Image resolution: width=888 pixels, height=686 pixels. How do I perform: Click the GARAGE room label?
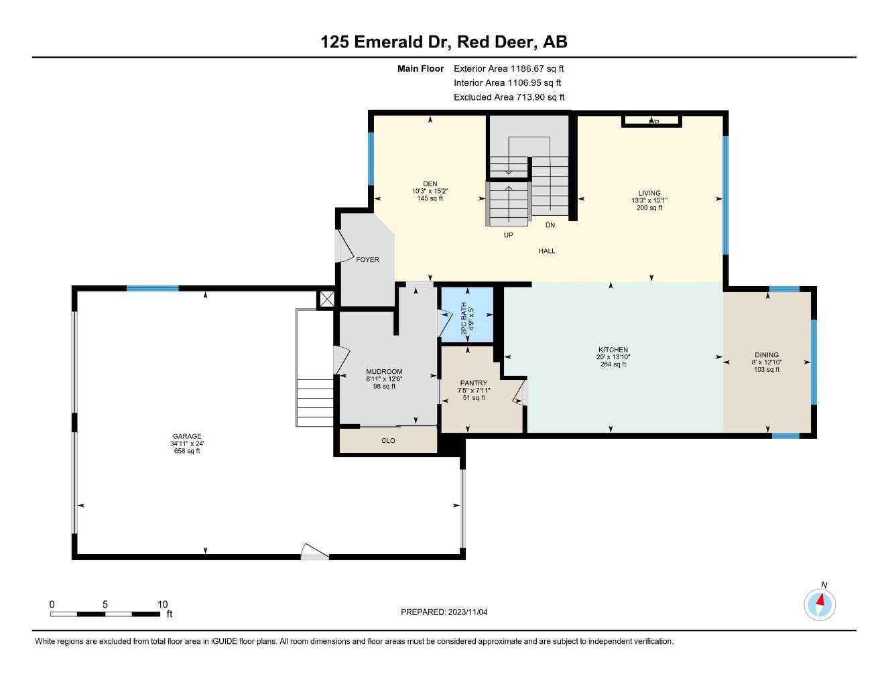[x=186, y=436]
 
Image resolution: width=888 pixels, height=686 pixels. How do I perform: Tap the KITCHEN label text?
[x=613, y=350]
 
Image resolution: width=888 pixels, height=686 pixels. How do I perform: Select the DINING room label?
[x=767, y=355]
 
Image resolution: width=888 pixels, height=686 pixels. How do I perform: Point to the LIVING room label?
[x=649, y=193]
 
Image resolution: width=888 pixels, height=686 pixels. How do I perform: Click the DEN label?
[x=430, y=184]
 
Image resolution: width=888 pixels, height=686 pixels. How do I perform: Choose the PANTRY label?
[x=474, y=383]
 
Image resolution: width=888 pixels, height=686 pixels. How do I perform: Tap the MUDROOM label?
[x=384, y=372]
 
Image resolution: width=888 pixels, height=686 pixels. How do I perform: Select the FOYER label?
[x=367, y=260]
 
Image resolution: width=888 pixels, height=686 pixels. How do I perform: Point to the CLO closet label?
[x=388, y=441]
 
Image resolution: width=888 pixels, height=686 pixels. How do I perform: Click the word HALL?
[x=547, y=251]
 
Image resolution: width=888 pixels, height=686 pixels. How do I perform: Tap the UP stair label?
[x=509, y=235]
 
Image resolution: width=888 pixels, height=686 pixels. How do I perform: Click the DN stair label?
[x=550, y=225]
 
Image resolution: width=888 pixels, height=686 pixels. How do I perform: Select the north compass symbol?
[x=820, y=604]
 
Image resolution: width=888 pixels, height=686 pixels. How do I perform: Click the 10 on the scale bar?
[x=162, y=604]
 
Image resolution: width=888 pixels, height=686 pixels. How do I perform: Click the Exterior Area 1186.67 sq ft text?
[x=509, y=68]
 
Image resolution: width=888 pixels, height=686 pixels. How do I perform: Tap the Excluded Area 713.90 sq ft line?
[x=509, y=97]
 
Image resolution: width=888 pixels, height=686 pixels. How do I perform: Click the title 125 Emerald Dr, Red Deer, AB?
[x=444, y=42]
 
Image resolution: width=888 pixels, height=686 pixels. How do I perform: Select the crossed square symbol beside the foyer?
[x=327, y=299]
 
